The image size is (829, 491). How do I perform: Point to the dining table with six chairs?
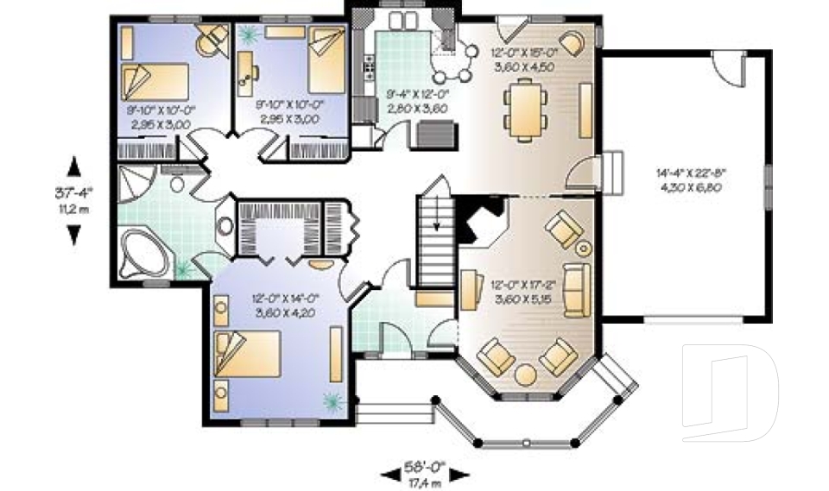pyautogui.click(x=523, y=108)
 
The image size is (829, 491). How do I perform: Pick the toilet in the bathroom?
pyautogui.click(x=177, y=182)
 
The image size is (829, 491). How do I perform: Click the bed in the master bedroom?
pyautogui.click(x=250, y=356)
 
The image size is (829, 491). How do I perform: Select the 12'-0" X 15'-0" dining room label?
pyautogui.click(x=525, y=59)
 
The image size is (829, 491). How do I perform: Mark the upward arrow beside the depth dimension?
pyautogui.click(x=74, y=165)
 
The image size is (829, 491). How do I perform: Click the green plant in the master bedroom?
pyautogui.click(x=332, y=400)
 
